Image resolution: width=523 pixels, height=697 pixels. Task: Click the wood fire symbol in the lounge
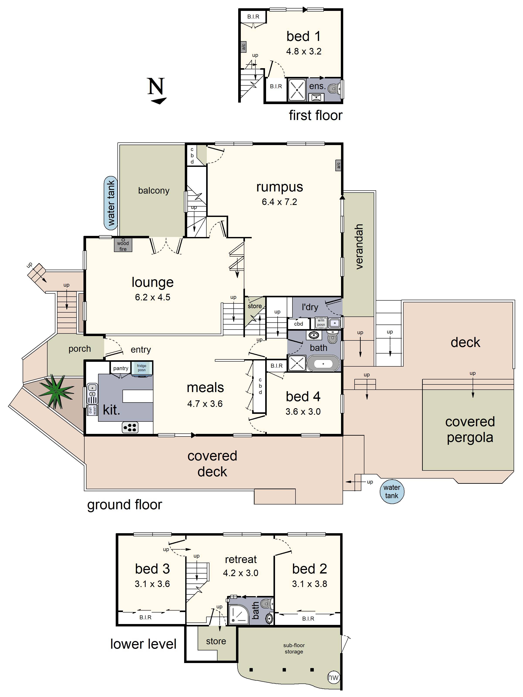pos(123,245)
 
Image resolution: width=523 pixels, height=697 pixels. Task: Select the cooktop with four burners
pos(130,427)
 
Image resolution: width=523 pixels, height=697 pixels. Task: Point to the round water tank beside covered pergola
pos(392,491)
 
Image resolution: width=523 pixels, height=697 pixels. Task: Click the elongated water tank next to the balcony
pos(111,203)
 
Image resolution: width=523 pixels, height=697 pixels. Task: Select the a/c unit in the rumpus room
pos(338,165)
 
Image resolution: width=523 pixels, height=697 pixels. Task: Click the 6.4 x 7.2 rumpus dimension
pos(279,202)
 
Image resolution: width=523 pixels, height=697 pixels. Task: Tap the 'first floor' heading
pos(315,115)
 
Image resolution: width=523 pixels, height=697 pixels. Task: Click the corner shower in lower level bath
pos(238,615)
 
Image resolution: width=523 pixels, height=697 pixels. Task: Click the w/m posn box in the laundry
pos(321,323)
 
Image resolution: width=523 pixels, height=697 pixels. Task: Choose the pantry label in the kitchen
pos(121,368)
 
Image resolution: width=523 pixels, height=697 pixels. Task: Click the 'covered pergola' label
pos(470,430)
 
